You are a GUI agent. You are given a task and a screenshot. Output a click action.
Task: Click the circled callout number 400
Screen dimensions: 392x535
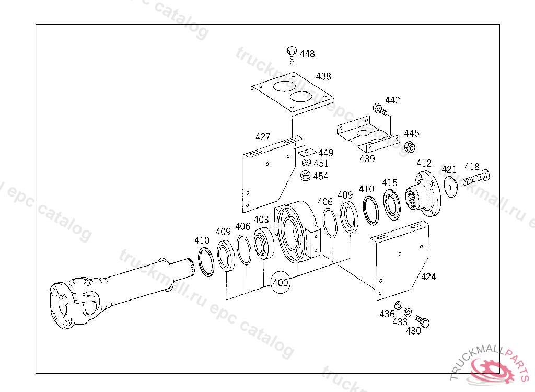point(281,283)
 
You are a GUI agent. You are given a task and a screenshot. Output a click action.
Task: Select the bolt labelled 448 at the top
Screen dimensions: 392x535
point(292,54)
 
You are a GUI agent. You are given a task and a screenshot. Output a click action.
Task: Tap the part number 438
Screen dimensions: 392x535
point(323,76)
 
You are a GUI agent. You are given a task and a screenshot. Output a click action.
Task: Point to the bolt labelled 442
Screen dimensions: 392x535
point(379,109)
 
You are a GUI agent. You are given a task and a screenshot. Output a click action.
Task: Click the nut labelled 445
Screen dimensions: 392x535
point(410,146)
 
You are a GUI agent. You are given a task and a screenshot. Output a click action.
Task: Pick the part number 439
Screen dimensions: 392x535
point(367,158)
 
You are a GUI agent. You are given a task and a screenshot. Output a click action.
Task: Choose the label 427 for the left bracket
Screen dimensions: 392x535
point(263,137)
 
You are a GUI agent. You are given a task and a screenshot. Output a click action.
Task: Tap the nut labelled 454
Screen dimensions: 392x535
point(306,176)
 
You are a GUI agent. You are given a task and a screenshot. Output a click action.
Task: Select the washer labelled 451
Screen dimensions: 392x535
point(306,164)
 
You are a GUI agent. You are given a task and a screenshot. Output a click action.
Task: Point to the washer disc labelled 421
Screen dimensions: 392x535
point(450,186)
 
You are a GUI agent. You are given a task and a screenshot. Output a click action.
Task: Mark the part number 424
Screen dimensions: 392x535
point(428,277)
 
